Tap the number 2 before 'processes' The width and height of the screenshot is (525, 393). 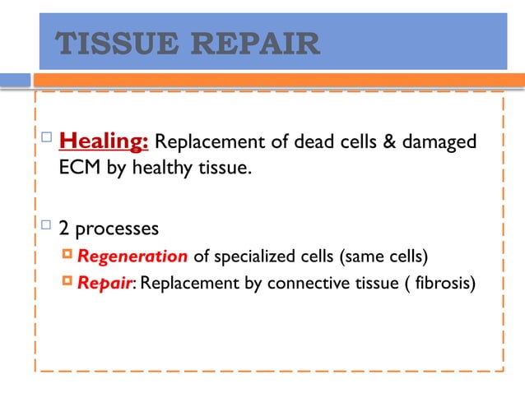64,226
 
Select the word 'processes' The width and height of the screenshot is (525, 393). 116,226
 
